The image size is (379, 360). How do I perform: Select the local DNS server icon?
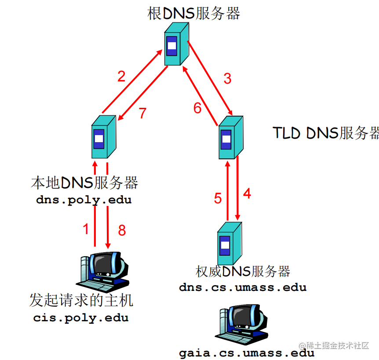click(103, 137)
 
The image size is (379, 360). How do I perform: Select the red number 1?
click(86, 228)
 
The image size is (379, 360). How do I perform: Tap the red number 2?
click(121, 77)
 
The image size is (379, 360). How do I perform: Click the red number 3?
click(227, 79)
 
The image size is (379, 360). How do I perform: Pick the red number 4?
click(247, 193)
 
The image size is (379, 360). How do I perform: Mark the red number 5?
click(218, 198)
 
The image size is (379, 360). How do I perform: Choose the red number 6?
click(197, 108)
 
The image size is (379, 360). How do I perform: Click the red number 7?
click(142, 113)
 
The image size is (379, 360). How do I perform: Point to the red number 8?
click(122, 230)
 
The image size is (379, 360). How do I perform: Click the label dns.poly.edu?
click(84, 200)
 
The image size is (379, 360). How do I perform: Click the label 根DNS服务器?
click(194, 13)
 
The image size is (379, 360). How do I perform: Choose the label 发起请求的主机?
click(81, 301)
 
